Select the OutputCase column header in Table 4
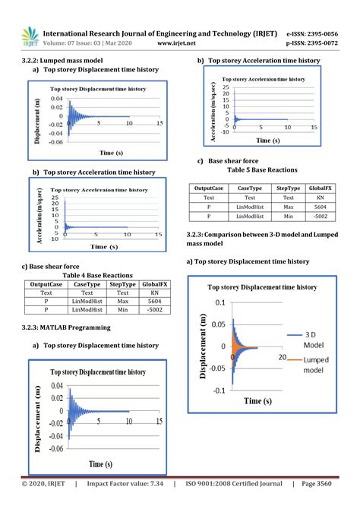point(45,283)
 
